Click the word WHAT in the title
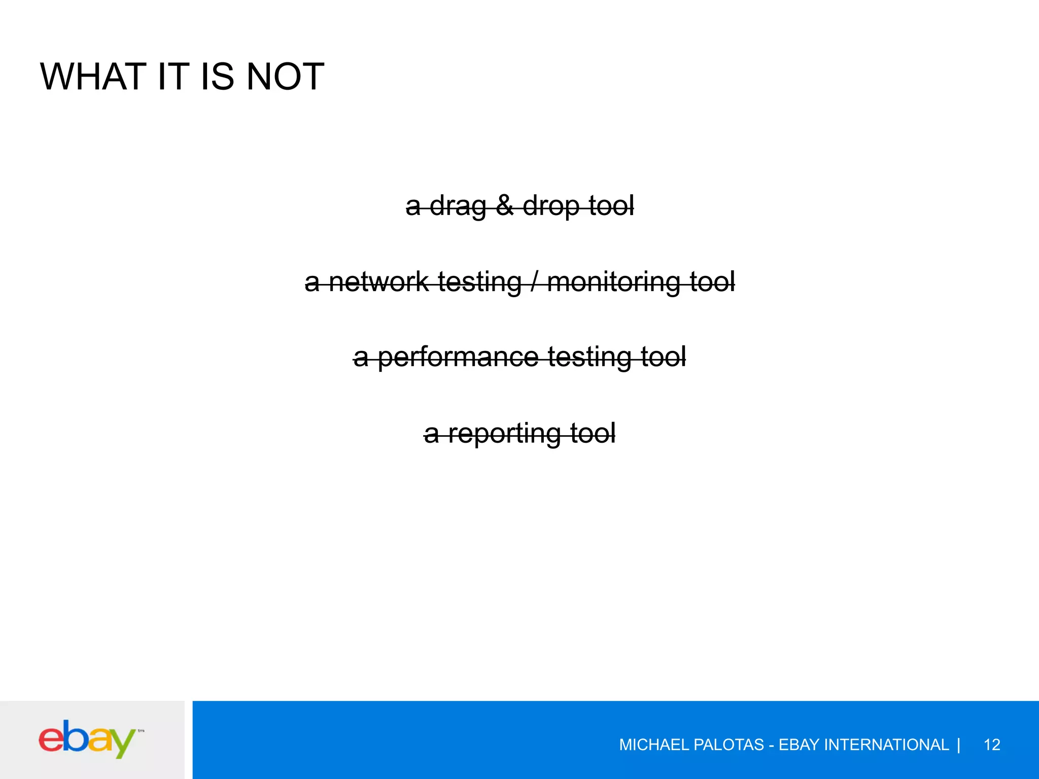(86, 77)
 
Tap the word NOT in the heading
(285, 77)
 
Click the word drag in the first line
(458, 206)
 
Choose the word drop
(551, 206)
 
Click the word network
(378, 281)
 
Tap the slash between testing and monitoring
(534, 281)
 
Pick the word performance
(458, 357)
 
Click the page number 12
(992, 745)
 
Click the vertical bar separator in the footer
(958, 745)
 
